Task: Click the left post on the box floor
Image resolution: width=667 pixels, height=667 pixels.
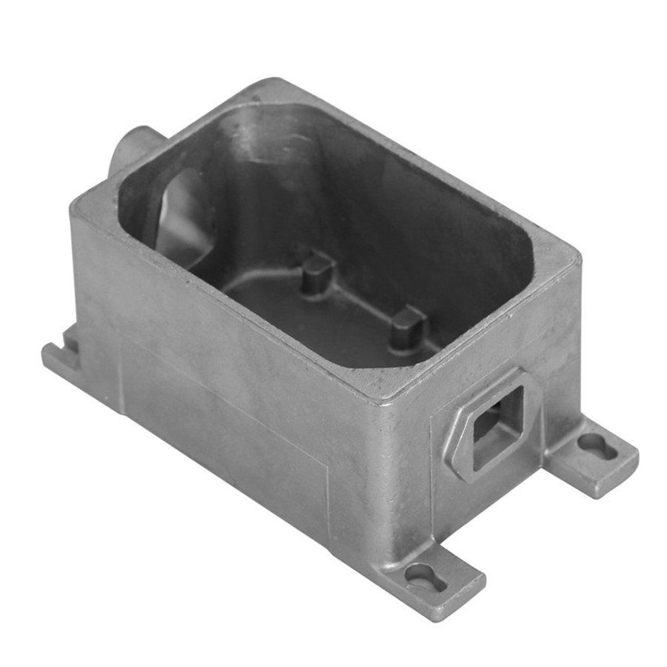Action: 317,272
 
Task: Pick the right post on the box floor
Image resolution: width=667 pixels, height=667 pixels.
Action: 407,327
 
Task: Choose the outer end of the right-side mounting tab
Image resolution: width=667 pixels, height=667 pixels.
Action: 619,459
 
